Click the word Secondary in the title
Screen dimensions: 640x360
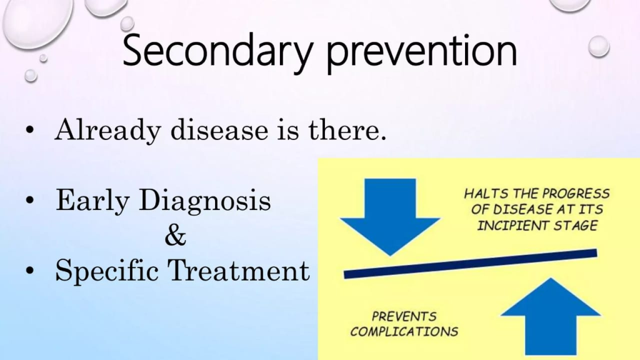point(217,52)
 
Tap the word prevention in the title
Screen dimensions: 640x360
point(422,52)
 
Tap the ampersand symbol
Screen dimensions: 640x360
point(176,236)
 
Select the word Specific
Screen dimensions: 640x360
point(107,271)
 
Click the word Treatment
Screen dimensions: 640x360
point(239,270)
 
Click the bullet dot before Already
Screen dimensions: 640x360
point(30,131)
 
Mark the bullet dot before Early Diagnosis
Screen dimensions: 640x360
point(30,201)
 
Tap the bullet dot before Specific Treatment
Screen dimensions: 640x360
point(30,271)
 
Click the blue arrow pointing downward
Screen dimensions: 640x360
point(390,217)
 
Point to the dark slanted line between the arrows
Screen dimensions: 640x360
point(471,264)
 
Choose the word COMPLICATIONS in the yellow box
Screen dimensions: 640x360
point(404,331)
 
